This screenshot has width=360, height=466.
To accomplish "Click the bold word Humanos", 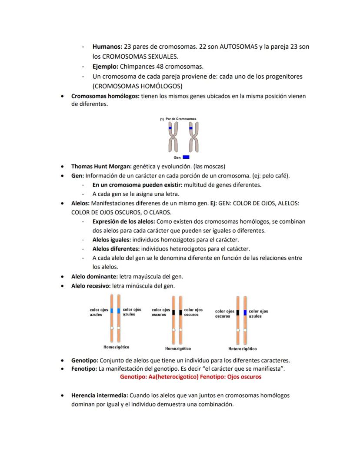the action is click(x=107, y=46).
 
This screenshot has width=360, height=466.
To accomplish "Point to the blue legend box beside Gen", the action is click(x=186, y=157).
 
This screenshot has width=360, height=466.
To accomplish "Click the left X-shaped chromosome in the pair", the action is click(x=173, y=137).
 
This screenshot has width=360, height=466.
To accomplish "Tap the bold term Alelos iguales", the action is click(x=111, y=239).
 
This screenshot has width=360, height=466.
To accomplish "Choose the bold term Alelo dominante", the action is click(x=94, y=276).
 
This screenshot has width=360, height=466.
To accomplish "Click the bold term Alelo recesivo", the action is click(x=91, y=286).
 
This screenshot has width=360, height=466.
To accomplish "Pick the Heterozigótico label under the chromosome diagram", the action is click(x=242, y=349).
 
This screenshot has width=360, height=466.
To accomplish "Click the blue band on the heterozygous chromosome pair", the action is click(x=245, y=312).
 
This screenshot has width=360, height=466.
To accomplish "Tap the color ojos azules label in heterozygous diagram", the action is click(x=258, y=314).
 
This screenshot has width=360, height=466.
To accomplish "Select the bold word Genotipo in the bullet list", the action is click(x=85, y=360).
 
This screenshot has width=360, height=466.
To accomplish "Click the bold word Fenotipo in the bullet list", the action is click(x=84, y=369).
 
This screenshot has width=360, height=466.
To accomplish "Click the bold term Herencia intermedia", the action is click(x=99, y=396).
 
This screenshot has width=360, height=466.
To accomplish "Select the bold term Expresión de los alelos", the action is click(x=123, y=221).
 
